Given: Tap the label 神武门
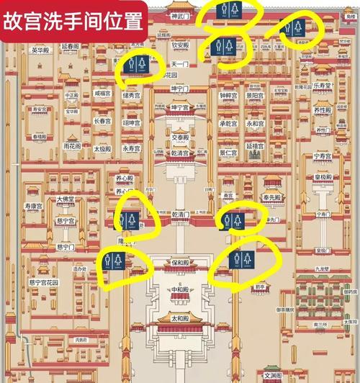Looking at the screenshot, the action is [x=180, y=15].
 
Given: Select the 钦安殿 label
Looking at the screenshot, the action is [x=180, y=45].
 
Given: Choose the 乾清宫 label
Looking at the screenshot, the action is [x=180, y=153].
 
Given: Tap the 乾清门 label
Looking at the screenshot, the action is [x=180, y=214].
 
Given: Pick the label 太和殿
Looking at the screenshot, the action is [x=180, y=317].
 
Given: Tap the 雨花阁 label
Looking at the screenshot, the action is [x=72, y=145].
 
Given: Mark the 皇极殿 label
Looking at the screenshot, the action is [x=325, y=176].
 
